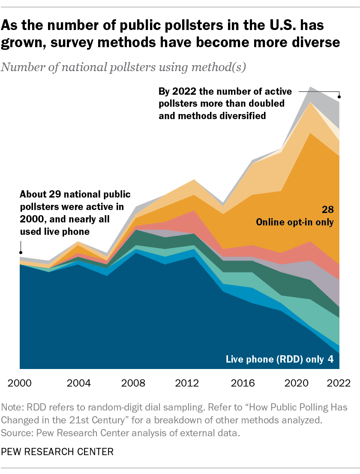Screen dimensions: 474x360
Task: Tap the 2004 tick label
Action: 79,382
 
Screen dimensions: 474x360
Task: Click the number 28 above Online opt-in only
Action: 328,210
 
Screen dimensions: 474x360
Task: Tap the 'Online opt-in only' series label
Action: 294,222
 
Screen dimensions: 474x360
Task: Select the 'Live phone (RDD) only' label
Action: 275,359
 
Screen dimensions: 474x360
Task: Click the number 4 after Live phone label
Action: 330,359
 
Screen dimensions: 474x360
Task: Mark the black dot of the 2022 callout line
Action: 340,95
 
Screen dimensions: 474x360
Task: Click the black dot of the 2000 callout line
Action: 20,252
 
